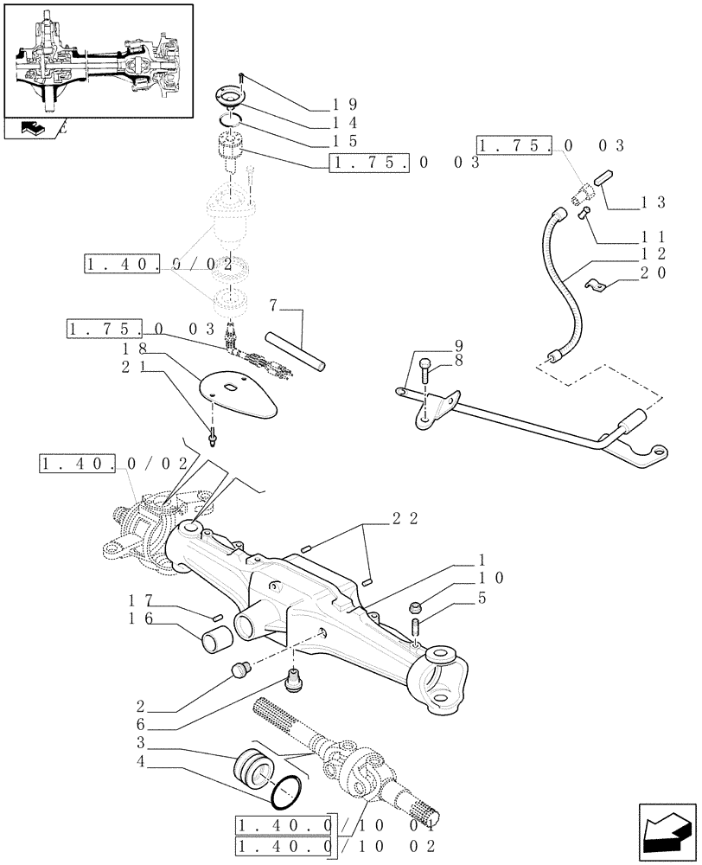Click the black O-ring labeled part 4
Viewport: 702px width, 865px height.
tap(286, 790)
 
